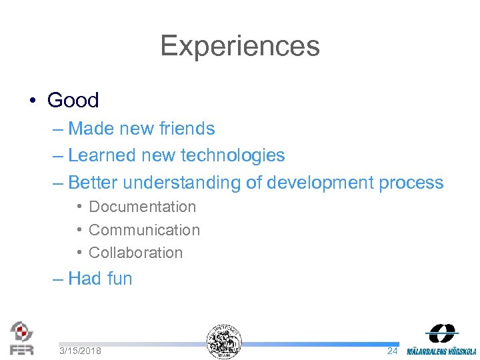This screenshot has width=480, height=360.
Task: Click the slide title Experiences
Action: coord(240,46)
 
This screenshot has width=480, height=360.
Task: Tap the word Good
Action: coord(73,101)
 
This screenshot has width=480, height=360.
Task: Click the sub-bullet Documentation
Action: coord(142,207)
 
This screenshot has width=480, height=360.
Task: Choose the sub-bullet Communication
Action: coord(144,230)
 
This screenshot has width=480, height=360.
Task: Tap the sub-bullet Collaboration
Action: coord(135,253)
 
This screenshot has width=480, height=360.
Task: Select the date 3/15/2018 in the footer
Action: coord(80,351)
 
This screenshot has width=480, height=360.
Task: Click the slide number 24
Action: coord(392,351)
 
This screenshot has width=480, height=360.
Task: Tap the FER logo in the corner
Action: coord(21,337)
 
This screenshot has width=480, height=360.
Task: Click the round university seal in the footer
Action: coord(224,341)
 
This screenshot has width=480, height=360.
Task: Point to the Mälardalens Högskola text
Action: coord(442,351)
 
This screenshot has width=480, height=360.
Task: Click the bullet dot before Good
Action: coord(32,101)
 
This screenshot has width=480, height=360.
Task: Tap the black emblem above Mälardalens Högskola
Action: coord(442,333)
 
